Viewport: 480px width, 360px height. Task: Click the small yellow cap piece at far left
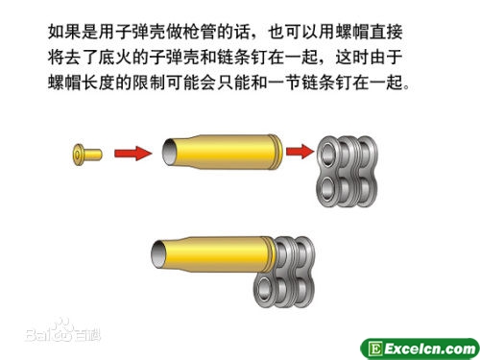tap(87, 155)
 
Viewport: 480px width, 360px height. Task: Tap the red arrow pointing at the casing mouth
tap(132, 154)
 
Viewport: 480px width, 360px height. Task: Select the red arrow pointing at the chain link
tap(300, 151)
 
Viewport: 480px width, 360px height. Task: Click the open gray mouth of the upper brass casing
tap(169, 152)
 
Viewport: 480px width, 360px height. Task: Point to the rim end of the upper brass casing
tap(277, 152)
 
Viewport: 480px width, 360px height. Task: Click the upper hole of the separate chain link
tap(327, 151)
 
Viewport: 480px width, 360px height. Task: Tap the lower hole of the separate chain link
tap(327, 187)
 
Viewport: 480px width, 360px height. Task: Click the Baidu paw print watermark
tap(63, 329)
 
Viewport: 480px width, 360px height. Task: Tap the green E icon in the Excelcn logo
tap(375, 348)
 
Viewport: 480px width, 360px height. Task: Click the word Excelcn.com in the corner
tap(430, 348)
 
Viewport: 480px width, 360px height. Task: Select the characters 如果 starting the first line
tap(64, 32)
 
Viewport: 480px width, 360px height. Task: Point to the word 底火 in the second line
tap(115, 58)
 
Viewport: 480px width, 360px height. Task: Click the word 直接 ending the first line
tap(386, 32)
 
